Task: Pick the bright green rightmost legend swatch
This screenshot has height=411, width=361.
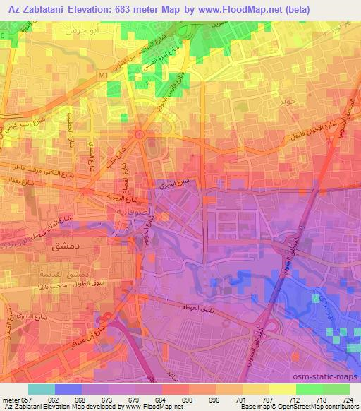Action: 337,389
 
